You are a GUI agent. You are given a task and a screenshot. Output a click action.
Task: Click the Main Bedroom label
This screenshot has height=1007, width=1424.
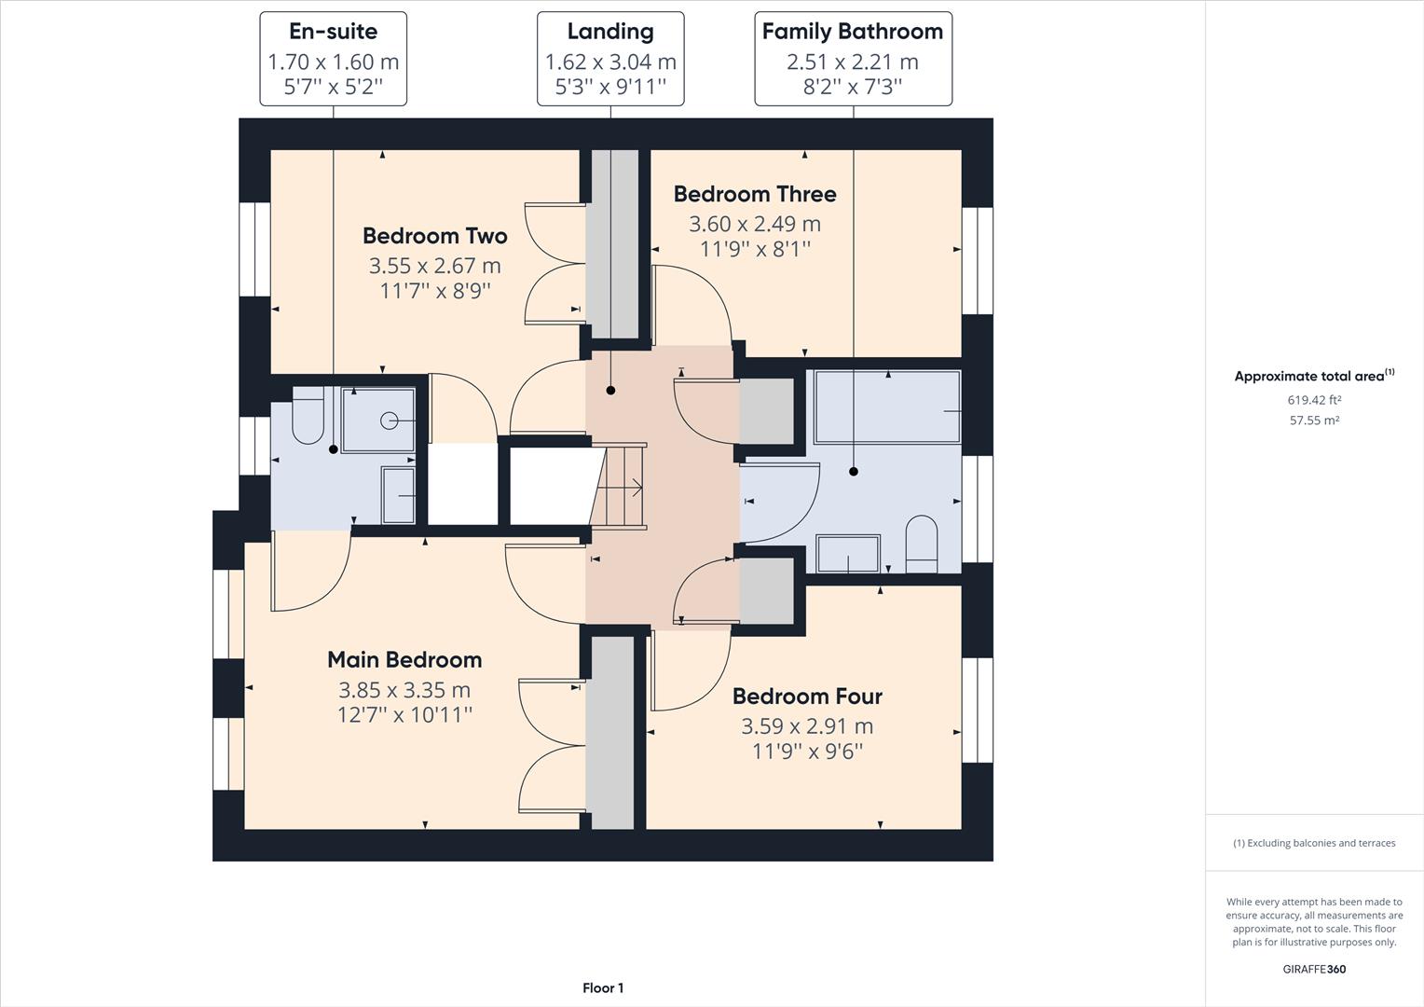click(404, 660)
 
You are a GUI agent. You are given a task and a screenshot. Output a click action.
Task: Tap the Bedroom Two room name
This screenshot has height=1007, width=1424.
click(434, 236)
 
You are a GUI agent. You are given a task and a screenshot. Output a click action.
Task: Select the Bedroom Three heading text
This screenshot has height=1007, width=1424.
click(755, 194)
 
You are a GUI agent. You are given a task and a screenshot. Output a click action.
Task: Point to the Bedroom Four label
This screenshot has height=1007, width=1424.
click(807, 697)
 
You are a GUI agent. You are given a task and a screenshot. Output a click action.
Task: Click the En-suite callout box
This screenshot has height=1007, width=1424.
click(333, 59)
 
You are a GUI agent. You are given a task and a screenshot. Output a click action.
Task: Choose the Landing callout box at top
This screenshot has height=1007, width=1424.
click(610, 59)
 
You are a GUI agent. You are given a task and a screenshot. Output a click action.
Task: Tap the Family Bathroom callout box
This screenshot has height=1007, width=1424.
click(853, 59)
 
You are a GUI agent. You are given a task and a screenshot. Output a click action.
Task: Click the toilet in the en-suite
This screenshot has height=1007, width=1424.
click(307, 419)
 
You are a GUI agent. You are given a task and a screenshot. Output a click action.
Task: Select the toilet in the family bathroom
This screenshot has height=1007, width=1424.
click(921, 544)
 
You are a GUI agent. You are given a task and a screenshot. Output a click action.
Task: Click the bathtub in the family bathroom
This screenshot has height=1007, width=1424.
click(887, 407)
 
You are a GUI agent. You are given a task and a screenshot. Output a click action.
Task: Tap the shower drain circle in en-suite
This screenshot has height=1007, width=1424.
click(390, 421)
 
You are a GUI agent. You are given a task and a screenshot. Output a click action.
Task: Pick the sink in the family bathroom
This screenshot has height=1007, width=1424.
click(848, 554)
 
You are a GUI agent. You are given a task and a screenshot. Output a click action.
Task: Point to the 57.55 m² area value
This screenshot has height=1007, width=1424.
click(1314, 421)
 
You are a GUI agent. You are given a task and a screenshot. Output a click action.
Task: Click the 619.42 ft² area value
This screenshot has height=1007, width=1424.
click(1314, 400)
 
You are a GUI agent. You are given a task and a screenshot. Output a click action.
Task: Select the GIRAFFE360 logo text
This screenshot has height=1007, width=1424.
click(1314, 969)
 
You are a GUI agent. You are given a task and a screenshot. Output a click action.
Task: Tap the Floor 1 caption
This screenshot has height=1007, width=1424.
click(603, 988)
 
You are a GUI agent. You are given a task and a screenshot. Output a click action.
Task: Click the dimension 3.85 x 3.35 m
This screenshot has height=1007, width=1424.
click(404, 691)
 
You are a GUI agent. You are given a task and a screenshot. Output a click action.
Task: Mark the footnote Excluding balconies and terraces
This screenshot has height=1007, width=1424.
click(1314, 843)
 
